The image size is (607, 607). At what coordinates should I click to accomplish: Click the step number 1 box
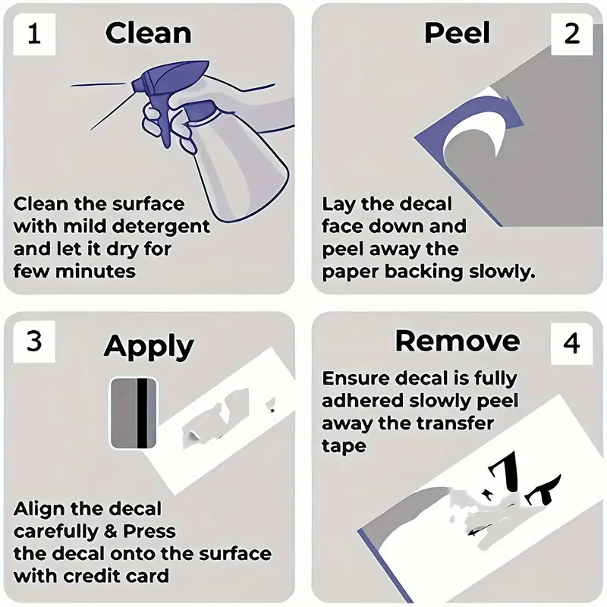point(34,34)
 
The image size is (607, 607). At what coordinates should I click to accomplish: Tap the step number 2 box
point(572,34)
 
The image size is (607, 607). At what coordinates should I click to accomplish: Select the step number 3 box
point(34,341)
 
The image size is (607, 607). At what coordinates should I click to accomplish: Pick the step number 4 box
point(572,343)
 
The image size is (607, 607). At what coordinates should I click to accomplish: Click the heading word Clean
point(148,33)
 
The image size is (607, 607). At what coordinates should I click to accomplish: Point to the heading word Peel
point(458,33)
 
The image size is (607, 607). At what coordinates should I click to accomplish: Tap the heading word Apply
point(149,347)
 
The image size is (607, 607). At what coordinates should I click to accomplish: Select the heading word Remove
point(458,341)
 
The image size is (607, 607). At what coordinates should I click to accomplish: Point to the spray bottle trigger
point(165,124)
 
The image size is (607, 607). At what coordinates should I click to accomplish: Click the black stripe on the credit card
point(143,413)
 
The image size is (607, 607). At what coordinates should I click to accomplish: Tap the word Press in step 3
point(149,532)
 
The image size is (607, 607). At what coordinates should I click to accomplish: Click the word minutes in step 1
point(96,272)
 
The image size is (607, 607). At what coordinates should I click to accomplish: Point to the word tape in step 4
point(344,446)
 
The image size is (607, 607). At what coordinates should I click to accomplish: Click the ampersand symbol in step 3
point(111,532)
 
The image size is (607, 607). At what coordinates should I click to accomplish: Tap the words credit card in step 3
point(116,576)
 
